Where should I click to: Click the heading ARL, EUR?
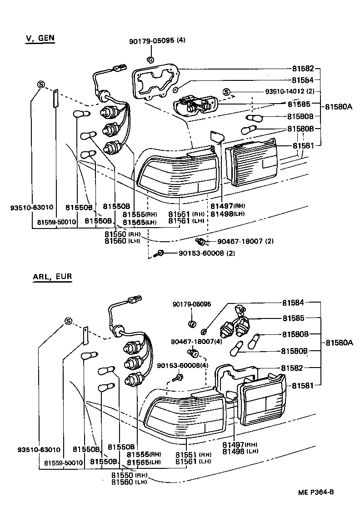pyautogui.click(x=52, y=276)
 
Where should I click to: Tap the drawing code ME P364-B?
pyautogui.click(x=316, y=492)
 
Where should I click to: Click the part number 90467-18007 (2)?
pyautogui.click(x=245, y=241)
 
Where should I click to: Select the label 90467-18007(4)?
pyautogui.click(x=196, y=341)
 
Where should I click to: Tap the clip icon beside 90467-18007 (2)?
pyautogui.click(x=199, y=240)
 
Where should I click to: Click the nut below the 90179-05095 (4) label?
pyautogui.click(x=150, y=60)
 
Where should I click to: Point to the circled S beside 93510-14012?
pyautogui.click(x=226, y=92)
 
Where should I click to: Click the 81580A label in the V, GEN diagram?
pyautogui.click(x=339, y=107)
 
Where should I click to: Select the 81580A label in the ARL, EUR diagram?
pyautogui.click(x=339, y=343)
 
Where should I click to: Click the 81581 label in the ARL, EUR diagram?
pyautogui.click(x=303, y=385)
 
